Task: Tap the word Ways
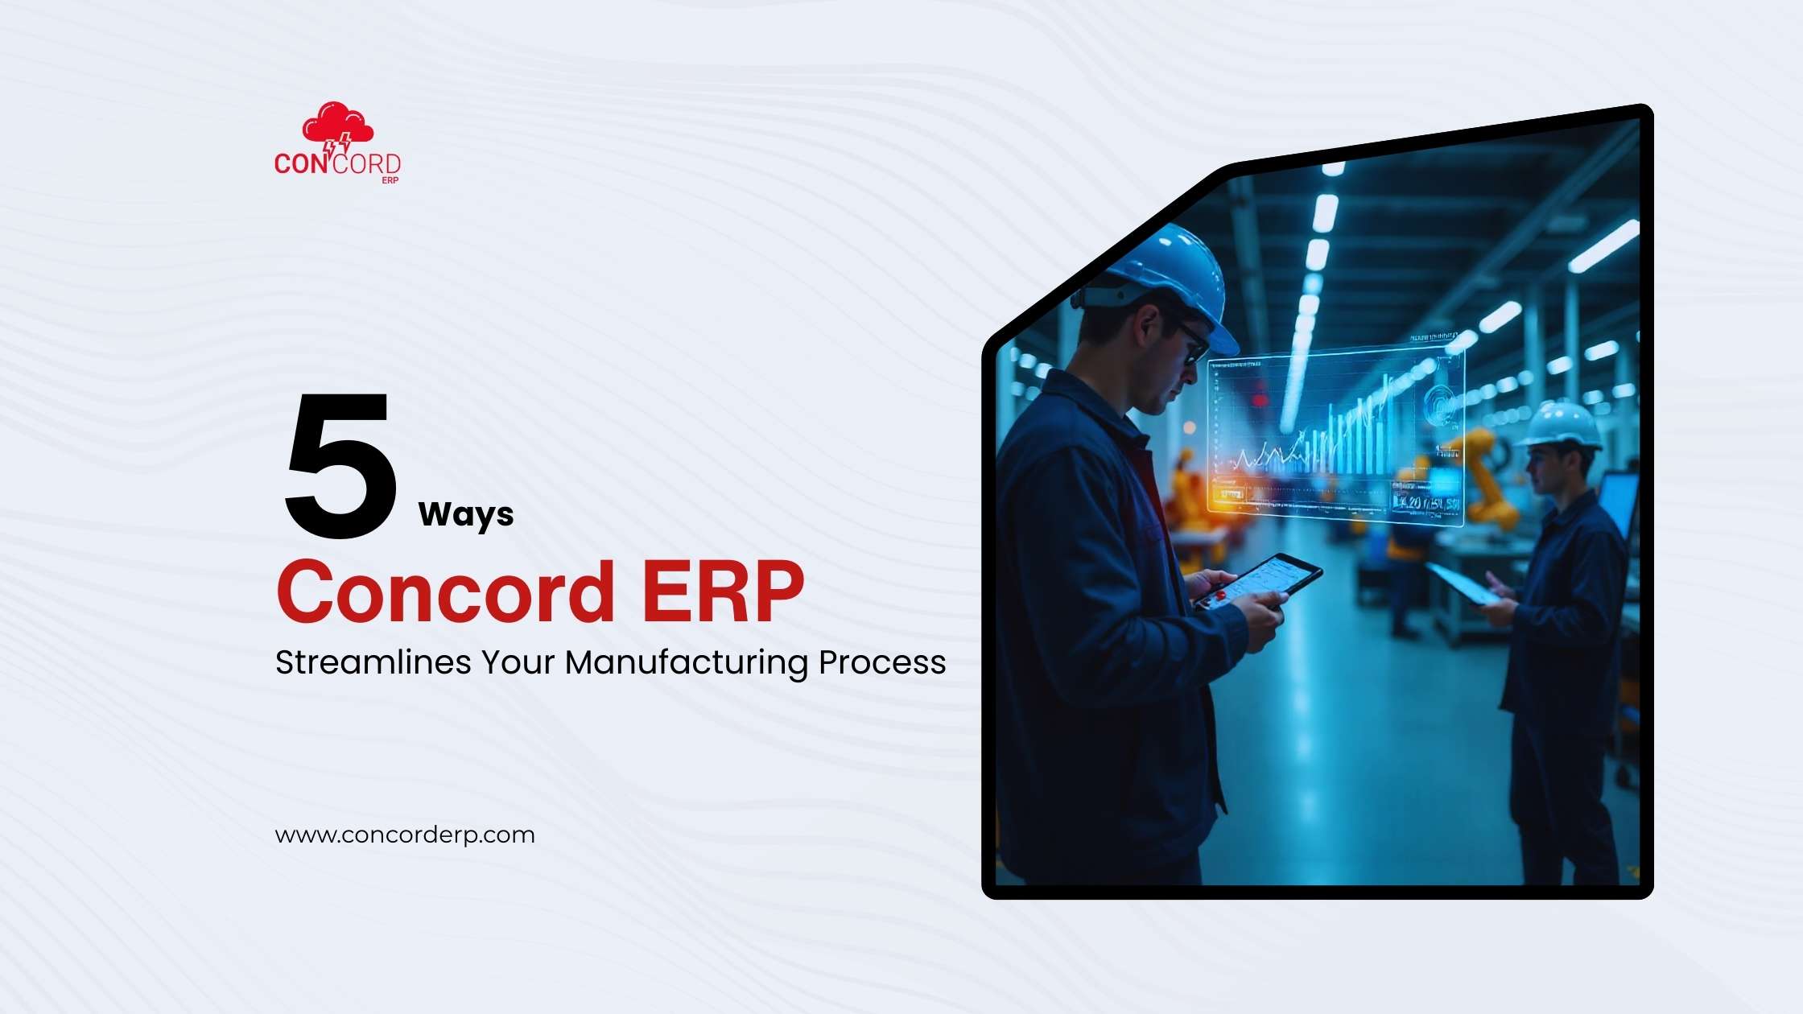466,514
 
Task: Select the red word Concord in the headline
446,592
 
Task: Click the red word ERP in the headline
722,592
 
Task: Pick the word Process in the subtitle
882,662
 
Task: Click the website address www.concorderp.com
405,835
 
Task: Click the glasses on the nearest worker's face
1191,338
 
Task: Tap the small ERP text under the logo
390,180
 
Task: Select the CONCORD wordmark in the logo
337,163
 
